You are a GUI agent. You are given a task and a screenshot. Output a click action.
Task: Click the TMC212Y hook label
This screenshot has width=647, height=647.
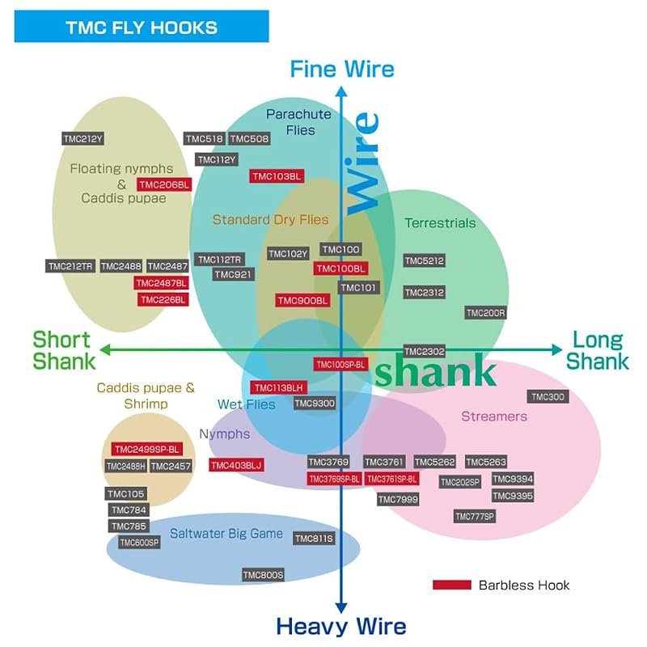(x=83, y=138)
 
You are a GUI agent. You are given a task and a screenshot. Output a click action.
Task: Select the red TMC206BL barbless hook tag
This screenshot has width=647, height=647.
(x=164, y=184)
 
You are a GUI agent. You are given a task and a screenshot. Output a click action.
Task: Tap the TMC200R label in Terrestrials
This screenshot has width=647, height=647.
(x=486, y=313)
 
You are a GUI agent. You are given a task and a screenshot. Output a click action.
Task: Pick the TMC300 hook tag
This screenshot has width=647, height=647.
(x=548, y=396)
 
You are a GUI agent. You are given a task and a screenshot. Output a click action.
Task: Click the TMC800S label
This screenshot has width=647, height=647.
(x=264, y=575)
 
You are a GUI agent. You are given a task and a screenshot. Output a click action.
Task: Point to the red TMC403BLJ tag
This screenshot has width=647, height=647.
(x=236, y=466)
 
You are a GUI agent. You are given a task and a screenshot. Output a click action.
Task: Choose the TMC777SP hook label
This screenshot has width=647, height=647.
(x=475, y=516)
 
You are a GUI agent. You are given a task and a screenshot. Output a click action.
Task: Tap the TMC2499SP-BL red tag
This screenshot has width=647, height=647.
(x=147, y=450)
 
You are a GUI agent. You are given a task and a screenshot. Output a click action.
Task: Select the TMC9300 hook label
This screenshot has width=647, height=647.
(x=315, y=403)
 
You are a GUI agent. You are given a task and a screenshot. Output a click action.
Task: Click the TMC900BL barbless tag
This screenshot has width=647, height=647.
(x=302, y=300)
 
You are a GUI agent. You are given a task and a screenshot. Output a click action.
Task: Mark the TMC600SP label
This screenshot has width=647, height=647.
(x=139, y=542)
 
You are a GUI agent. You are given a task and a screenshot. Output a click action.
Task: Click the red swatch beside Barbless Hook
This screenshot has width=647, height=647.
(x=452, y=585)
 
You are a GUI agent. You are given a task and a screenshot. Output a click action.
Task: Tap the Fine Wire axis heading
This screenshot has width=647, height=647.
(x=342, y=69)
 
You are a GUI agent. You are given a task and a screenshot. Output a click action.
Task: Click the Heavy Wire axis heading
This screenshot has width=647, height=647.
(x=341, y=626)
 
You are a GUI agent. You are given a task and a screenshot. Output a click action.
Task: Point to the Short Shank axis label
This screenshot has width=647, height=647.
(x=64, y=350)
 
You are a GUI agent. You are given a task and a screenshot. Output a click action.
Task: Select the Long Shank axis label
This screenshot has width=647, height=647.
(x=598, y=350)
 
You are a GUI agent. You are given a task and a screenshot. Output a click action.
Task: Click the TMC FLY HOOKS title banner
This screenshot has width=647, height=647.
(x=142, y=27)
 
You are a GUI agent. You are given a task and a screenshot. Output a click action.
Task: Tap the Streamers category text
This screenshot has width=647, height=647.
(x=494, y=416)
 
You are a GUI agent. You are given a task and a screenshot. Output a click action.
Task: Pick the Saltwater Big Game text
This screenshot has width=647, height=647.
(x=226, y=533)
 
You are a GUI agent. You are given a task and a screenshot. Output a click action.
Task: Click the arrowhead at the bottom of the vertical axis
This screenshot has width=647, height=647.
(x=340, y=608)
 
